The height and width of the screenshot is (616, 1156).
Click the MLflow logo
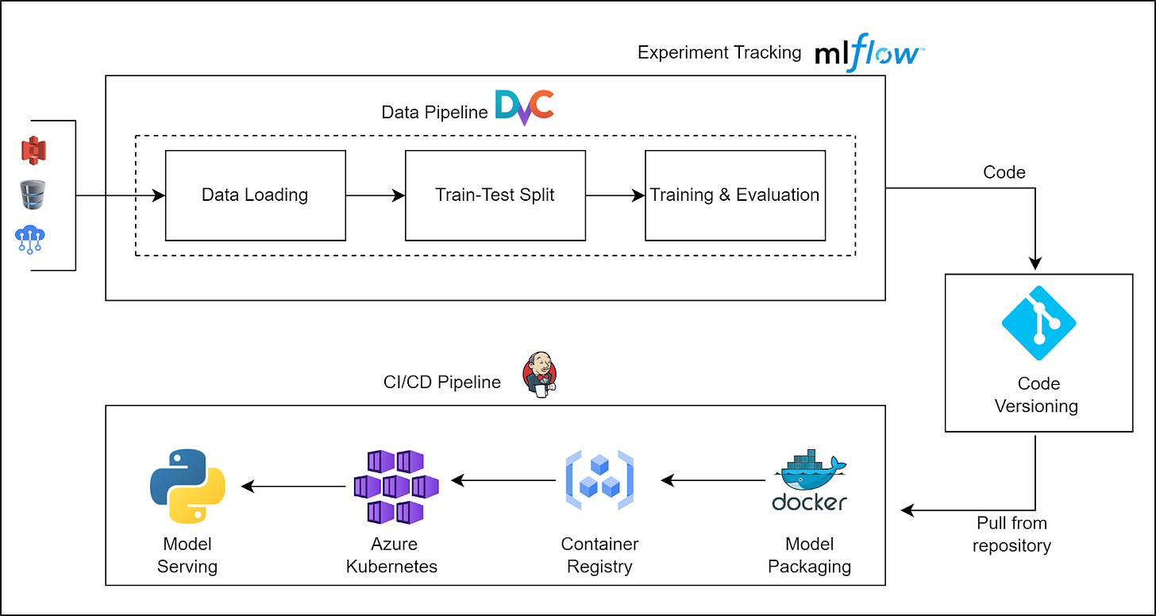[869, 52]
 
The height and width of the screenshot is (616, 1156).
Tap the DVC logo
[524, 107]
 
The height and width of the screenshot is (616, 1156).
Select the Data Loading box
[256, 195]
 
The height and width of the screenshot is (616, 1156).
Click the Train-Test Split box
[495, 195]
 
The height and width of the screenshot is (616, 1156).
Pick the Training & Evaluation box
[735, 195]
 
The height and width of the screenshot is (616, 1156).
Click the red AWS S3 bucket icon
[33, 151]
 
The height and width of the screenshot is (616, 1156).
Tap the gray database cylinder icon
[33, 194]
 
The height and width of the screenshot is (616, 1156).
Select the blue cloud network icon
[30, 240]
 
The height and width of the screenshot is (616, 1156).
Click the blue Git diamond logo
[1038, 323]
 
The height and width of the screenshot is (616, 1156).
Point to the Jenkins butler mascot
[540, 375]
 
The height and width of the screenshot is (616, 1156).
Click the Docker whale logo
[810, 480]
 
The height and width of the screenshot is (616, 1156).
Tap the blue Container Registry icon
[599, 480]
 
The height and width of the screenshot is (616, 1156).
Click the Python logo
[187, 487]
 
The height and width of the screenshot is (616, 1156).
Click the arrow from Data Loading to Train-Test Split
[376, 195]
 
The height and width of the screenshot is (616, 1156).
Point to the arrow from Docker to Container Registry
[713, 480]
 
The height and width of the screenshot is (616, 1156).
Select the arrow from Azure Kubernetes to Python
[293, 486]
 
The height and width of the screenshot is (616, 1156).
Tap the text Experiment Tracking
[719, 52]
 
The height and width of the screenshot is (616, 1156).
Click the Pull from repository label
[1012, 534]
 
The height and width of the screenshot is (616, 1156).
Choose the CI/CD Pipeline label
[442, 383]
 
